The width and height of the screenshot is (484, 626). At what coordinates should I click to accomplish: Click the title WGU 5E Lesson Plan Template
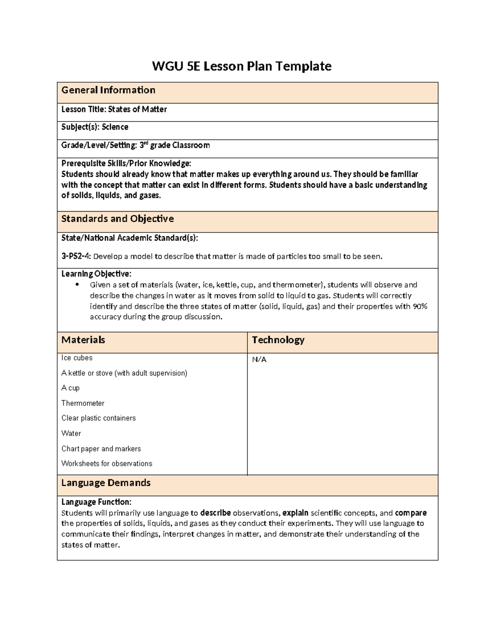coord(242,66)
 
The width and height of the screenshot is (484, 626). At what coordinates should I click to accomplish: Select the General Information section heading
coord(108,90)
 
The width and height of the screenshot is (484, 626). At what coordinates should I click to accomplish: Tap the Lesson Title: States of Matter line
coord(114,109)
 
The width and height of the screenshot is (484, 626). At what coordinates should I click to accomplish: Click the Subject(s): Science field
coord(95,127)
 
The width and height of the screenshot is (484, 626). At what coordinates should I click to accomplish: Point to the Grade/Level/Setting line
coord(136,145)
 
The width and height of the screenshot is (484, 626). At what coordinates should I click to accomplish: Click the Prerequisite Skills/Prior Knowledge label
coord(126,163)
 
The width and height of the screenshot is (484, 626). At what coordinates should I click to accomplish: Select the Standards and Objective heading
coord(117,218)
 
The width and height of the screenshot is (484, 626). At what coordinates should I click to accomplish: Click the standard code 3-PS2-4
coord(76,256)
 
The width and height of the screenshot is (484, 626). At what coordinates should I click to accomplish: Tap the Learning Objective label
coord(96,274)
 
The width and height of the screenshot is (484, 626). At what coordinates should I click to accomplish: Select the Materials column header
coord(83,340)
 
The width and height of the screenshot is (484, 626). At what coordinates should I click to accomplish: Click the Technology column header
coord(278,340)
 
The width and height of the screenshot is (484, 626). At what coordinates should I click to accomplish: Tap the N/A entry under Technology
coord(259,360)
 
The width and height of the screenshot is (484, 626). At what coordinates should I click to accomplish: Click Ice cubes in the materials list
coord(77,358)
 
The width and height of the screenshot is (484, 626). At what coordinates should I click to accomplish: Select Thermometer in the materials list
coord(83,403)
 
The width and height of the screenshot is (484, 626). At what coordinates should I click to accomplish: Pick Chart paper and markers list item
coord(101,449)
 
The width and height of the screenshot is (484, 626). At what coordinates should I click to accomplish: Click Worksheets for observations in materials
coord(107,464)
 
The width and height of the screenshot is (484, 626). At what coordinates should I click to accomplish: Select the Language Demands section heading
coord(106,482)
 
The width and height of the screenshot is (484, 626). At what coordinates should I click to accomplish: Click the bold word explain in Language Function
coord(295,513)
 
